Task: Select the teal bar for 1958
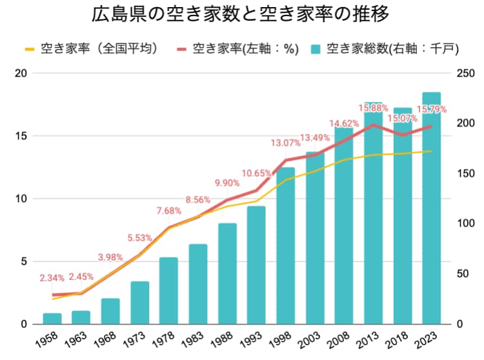coord(52,319)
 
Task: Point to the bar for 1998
coord(285,246)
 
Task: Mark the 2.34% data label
coord(52,279)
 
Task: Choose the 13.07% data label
coord(285,143)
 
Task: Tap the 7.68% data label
coord(168,211)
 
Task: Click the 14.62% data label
coord(344,123)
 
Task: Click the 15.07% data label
coord(402,119)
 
